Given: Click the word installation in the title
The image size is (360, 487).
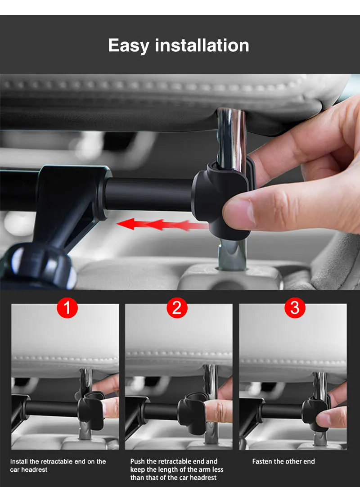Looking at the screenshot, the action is click(202, 45).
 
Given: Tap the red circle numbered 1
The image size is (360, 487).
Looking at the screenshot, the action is click(67, 308).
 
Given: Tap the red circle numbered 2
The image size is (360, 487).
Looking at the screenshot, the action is click(177, 308).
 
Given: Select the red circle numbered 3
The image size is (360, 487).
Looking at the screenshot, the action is click(295, 308).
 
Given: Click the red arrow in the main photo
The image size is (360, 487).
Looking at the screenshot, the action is click(162, 224).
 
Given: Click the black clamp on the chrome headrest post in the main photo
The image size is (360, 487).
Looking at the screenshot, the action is click(222, 199).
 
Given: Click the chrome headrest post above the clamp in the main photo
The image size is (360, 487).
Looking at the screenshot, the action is click(231, 137).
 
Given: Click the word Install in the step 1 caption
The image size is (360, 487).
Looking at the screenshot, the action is click(19, 461).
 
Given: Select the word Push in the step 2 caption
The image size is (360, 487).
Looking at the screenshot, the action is click(137, 461).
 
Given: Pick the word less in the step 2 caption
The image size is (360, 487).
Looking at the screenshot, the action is click(218, 469).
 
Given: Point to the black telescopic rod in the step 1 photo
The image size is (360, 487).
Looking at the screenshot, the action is click(51, 409).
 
